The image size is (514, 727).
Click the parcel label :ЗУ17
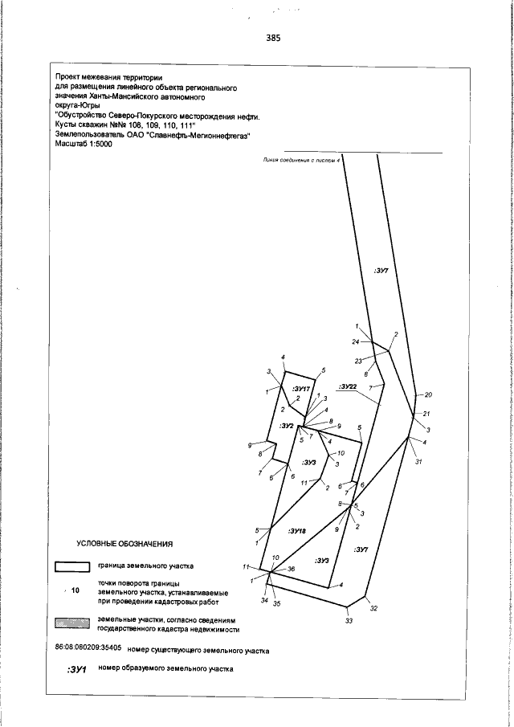coord(301,389)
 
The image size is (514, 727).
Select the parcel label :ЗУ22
coord(347,386)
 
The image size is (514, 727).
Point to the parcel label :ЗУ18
coord(296,531)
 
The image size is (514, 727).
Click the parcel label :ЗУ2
coord(287,425)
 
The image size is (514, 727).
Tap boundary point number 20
coord(428,395)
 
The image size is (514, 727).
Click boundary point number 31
coord(418,461)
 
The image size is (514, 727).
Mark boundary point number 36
coord(291,570)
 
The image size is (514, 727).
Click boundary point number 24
coord(356,342)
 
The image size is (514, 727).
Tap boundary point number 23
coord(359,360)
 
